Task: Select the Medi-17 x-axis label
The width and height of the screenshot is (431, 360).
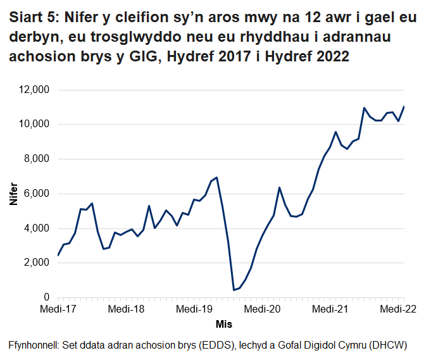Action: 58,310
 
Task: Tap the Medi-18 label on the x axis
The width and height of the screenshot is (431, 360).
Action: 127,310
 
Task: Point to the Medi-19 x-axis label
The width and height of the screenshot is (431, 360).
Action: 196,310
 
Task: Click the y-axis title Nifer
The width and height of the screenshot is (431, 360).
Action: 13,194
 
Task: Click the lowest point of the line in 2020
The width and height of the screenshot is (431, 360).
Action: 234,290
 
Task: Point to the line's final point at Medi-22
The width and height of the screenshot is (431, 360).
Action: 404,106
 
